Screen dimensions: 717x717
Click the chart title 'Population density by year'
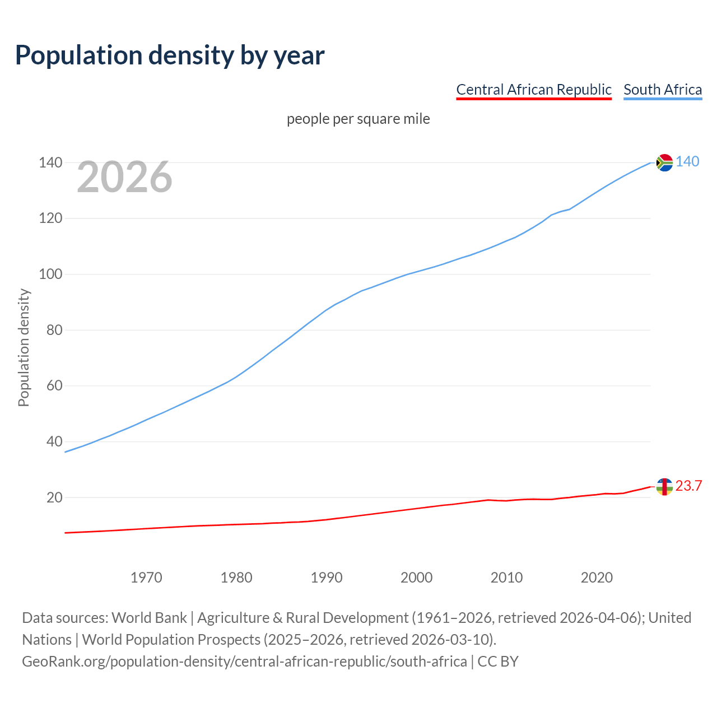coord(170,55)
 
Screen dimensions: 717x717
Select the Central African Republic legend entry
coord(533,90)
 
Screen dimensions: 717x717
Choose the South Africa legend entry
coord(662,90)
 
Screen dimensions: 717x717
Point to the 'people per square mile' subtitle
coord(358,119)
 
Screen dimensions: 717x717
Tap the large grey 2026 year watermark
coord(124,177)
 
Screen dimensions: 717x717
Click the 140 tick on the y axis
coord(50,163)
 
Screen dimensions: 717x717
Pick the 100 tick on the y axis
coord(50,274)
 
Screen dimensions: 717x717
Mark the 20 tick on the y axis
coord(54,497)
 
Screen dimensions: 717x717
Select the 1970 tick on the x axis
coord(146,578)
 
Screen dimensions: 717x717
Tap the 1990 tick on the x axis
coord(327,578)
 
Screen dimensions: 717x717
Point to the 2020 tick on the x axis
coord(597,578)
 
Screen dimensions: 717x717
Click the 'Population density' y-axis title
coord(24,347)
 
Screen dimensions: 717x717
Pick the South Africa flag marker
coord(664,162)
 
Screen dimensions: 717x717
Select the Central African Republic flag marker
coord(664,487)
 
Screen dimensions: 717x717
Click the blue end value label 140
coord(687,162)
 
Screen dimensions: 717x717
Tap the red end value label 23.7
coord(688,486)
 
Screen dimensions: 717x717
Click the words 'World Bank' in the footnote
coord(149,618)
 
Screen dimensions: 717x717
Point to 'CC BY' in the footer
coord(498,662)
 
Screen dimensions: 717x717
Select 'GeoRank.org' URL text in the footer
coord(64,662)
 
